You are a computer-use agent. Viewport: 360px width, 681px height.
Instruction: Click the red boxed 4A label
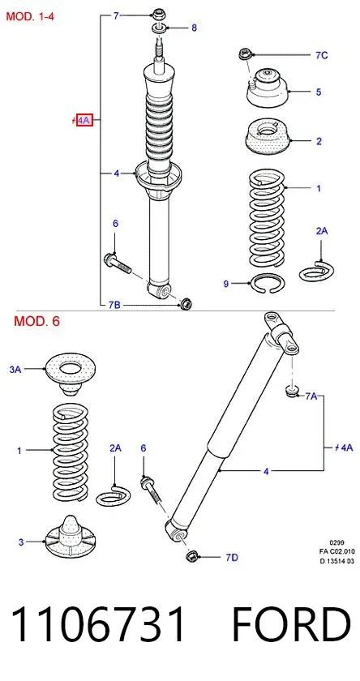pyautogui.click(x=84, y=119)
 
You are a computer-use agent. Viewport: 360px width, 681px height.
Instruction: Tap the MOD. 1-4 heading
pyautogui.click(x=30, y=17)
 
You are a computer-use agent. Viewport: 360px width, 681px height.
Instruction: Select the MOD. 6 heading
pyautogui.click(x=37, y=321)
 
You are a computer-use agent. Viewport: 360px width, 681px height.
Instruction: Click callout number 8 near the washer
pyautogui.click(x=194, y=28)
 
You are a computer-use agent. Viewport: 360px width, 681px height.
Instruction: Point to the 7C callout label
pyautogui.click(x=321, y=55)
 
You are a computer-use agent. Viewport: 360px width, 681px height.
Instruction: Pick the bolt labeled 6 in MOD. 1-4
pyautogui.click(x=118, y=263)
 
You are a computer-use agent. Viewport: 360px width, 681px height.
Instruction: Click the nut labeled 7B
pyautogui.click(x=186, y=303)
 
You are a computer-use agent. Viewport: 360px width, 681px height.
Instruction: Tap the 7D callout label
pyautogui.click(x=232, y=558)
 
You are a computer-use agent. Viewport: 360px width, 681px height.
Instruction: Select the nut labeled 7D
pyautogui.click(x=191, y=556)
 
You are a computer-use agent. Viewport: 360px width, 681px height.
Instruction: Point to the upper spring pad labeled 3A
pyautogui.click(x=71, y=373)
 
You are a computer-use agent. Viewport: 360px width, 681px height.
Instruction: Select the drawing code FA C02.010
pyautogui.click(x=337, y=551)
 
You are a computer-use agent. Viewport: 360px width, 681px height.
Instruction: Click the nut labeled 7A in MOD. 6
pyautogui.click(x=292, y=391)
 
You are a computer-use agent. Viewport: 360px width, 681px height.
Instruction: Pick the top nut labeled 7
pyautogui.click(x=157, y=14)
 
